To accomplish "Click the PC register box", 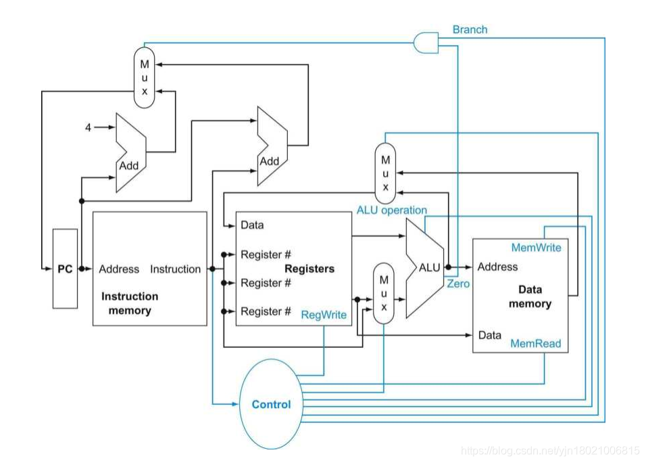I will [65, 269].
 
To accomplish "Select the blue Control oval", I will [271, 404].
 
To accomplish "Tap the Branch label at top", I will [470, 30].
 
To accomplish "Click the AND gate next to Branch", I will [426, 42].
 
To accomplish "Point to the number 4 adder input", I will [88, 127].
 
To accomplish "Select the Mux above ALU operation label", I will [384, 172].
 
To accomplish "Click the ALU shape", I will [426, 268].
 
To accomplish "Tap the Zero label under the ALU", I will [457, 284].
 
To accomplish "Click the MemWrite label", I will [536, 247].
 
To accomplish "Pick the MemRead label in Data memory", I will [536, 344].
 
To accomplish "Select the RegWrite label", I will [324, 315].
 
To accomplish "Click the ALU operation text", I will [392, 211].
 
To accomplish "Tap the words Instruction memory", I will [129, 303].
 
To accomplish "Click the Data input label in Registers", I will [252, 225].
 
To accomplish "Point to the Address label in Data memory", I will [497, 267].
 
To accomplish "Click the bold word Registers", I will [309, 269].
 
